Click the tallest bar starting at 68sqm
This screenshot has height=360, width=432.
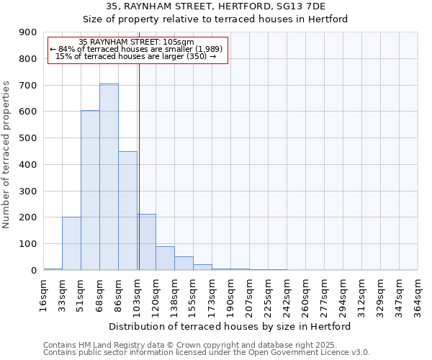[x=109, y=176]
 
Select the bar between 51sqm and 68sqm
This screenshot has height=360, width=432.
[x=90, y=190]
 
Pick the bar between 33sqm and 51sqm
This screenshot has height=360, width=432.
[x=71, y=243]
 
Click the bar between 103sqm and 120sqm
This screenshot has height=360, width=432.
[x=147, y=242]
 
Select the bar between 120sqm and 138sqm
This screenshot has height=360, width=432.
[x=165, y=258]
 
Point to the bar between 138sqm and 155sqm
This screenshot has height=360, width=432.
[x=184, y=263]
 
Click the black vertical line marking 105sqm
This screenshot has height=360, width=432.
[x=139, y=166]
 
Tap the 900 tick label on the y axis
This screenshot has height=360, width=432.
[x=28, y=32]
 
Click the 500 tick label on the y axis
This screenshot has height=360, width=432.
[x=28, y=138]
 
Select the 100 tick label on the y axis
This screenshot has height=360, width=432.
[x=28, y=244]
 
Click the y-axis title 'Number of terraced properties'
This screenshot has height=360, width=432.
[x=7, y=155]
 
